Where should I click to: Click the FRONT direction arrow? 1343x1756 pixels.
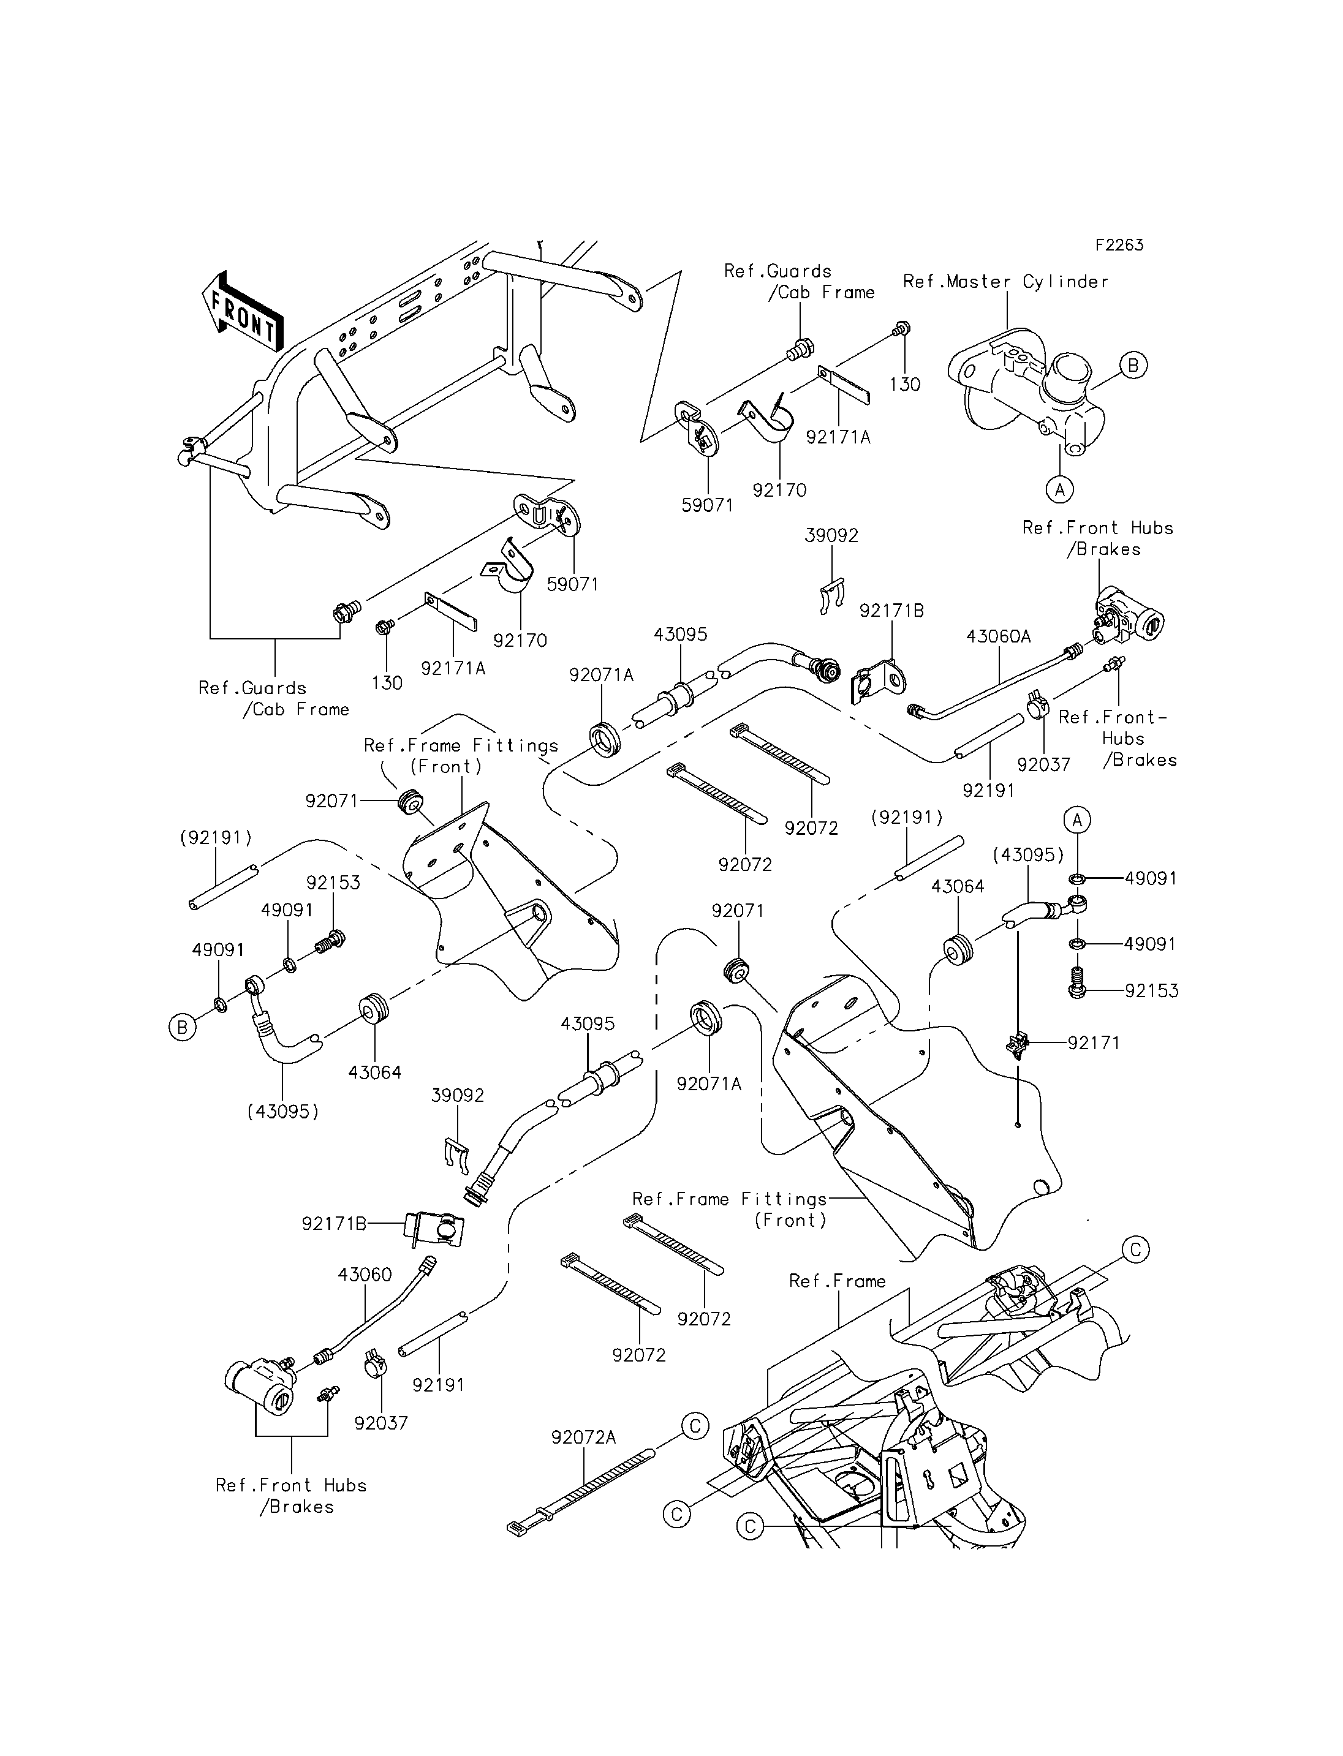point(241,312)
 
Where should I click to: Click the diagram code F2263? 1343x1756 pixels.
point(1119,244)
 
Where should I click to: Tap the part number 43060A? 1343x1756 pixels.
point(999,636)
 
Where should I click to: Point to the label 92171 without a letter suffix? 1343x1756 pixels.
point(1094,1042)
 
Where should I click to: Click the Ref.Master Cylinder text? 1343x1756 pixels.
point(1005,281)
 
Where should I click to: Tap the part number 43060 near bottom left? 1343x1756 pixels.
point(365,1274)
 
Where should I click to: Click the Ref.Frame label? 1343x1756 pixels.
point(837,1281)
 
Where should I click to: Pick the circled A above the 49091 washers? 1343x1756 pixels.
point(1077,820)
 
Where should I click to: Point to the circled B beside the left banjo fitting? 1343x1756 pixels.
point(182,1027)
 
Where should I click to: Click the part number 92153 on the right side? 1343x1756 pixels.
point(1151,990)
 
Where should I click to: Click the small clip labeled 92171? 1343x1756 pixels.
point(1018,1044)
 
